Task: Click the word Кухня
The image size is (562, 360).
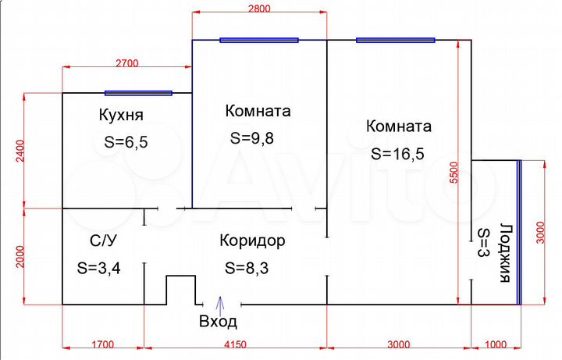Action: [x=121, y=116]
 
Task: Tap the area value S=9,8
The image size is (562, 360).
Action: [x=252, y=138]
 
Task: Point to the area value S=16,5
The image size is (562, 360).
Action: [x=398, y=154]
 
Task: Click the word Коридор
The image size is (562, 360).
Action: [x=252, y=241]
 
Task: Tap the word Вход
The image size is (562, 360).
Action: [x=218, y=322]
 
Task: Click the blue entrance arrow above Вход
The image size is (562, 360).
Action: [x=219, y=302]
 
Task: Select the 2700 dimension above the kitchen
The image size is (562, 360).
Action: [x=127, y=62]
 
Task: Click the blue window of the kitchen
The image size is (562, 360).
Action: [x=138, y=93]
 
